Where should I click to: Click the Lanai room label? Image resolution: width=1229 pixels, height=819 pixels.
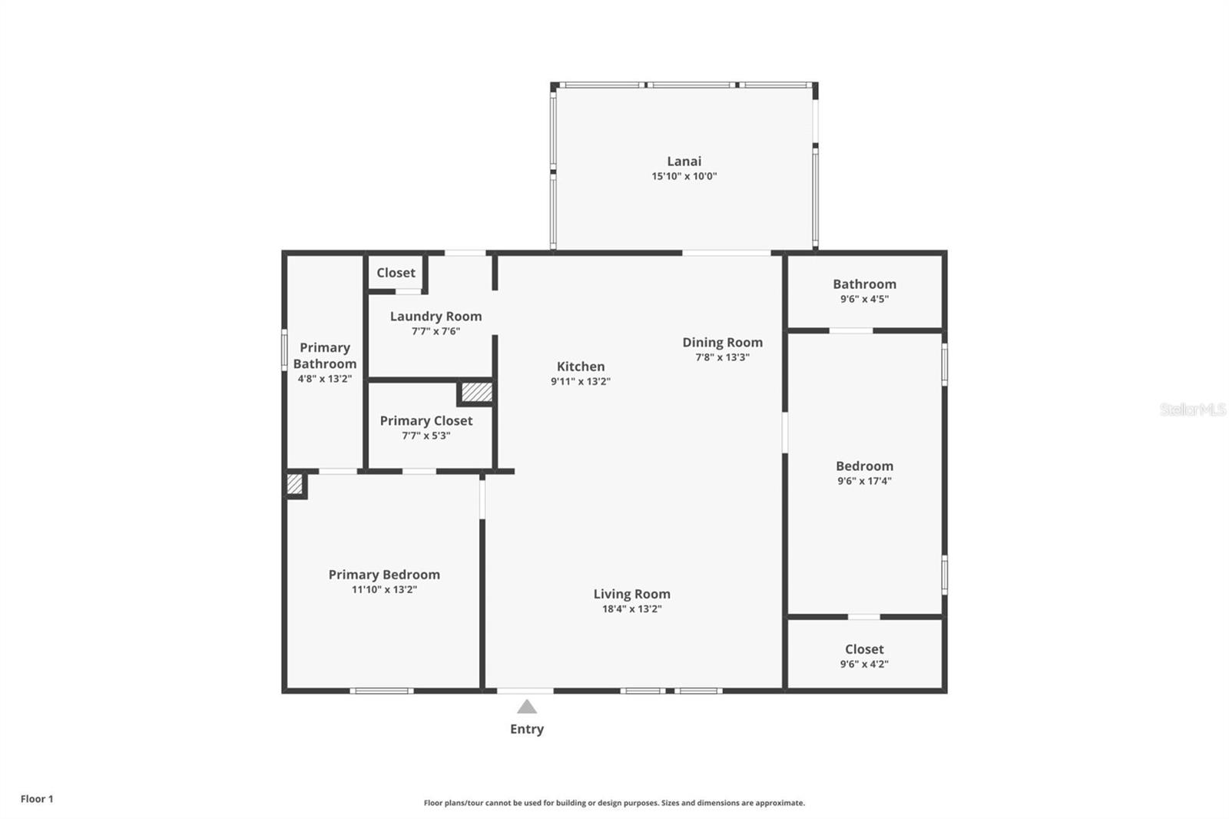(x=684, y=161)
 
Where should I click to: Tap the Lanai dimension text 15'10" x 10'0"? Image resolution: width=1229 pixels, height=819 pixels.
(x=684, y=176)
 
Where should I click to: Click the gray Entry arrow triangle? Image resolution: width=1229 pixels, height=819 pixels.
(x=526, y=707)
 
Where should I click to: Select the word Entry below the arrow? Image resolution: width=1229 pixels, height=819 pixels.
(x=526, y=729)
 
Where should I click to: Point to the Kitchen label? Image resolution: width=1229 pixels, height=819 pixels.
(x=580, y=366)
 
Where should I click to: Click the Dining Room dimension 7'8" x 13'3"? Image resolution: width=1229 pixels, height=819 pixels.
(x=722, y=357)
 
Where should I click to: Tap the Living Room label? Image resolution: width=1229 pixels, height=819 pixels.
(x=631, y=594)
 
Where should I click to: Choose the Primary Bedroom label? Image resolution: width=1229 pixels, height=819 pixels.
(x=384, y=575)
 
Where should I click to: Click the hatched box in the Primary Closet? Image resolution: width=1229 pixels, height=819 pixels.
(x=476, y=392)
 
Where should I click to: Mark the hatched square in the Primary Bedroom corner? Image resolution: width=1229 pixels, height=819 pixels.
(x=294, y=484)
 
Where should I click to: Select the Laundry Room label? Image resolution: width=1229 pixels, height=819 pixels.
(x=436, y=316)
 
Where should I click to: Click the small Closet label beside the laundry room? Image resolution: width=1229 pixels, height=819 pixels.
(x=396, y=273)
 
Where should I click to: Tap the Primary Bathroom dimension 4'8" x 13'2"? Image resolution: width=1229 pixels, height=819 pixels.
(x=324, y=379)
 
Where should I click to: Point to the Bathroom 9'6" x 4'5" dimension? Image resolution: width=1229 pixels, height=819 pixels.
(x=864, y=299)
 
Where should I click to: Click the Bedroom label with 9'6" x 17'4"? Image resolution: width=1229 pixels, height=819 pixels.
(x=864, y=466)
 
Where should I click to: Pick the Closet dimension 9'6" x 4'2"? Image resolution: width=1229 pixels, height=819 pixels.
(x=864, y=665)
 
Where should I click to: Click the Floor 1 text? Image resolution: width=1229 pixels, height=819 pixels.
(x=37, y=799)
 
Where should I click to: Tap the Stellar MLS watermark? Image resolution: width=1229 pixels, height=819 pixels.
(x=1192, y=409)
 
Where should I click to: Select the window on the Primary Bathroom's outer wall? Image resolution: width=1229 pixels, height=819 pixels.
(x=284, y=350)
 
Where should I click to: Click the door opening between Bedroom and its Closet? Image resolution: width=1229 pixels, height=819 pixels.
(x=863, y=616)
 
